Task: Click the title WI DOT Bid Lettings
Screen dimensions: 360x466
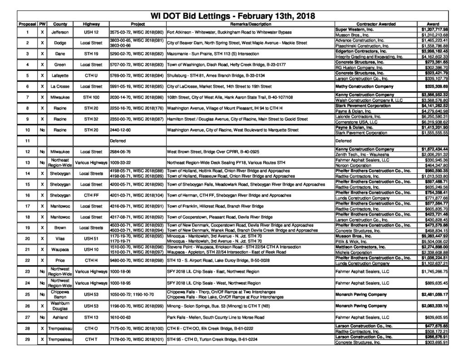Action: coord(233,16)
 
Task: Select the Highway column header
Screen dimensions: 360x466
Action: coord(91,24)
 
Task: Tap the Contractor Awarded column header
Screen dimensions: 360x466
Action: coord(376,24)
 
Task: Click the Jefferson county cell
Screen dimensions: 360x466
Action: coord(60,32)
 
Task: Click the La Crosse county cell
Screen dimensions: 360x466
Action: coord(60,85)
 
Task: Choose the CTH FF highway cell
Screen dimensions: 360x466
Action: coord(91,195)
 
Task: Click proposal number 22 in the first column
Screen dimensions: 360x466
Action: coord(28,260)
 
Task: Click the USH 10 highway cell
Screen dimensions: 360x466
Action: coord(91,249)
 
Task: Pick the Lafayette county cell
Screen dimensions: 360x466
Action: coord(60,75)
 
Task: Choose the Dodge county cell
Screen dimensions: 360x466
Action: coord(60,43)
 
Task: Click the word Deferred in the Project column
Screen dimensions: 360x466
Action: coord(118,141)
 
